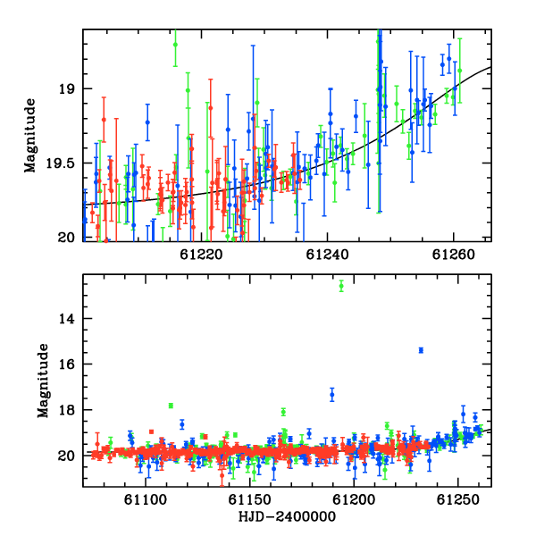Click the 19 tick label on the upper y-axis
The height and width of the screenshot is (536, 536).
(x=66, y=89)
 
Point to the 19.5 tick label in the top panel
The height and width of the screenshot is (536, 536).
(x=60, y=163)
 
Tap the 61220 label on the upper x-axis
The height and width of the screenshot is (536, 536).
(x=201, y=255)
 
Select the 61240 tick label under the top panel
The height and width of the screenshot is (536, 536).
(x=327, y=255)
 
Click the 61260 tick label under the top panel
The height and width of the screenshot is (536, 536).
(x=453, y=255)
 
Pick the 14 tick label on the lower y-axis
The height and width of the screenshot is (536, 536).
(x=66, y=319)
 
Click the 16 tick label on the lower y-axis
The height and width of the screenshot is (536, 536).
(x=66, y=364)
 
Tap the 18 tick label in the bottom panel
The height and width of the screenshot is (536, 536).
(x=66, y=410)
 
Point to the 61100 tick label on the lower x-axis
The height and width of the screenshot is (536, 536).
(x=146, y=499)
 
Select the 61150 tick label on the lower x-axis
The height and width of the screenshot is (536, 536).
(x=249, y=499)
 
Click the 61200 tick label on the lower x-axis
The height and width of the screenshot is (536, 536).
(x=354, y=499)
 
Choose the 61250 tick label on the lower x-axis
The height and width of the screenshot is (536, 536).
(x=458, y=499)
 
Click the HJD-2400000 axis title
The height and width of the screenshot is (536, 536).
(x=287, y=516)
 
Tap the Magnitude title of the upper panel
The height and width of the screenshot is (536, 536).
(x=30, y=136)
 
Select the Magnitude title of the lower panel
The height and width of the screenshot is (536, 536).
(x=43, y=381)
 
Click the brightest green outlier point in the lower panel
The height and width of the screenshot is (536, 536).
(x=341, y=286)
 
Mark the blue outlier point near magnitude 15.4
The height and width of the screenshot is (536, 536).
(x=421, y=350)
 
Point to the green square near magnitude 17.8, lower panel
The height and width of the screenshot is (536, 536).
(x=171, y=406)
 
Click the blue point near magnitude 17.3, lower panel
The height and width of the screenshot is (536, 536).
(x=332, y=395)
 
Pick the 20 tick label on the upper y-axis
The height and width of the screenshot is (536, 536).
(x=66, y=238)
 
